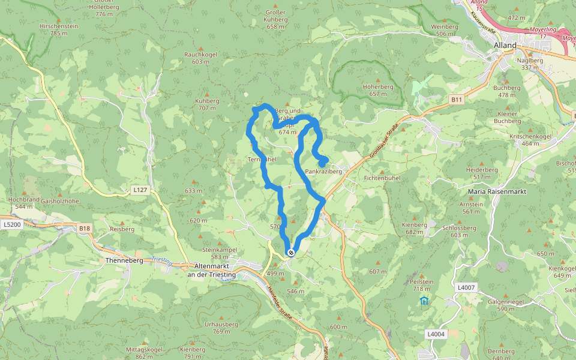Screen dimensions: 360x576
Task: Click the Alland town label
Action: click(505, 45)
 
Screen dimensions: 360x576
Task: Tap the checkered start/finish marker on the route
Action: click(291, 253)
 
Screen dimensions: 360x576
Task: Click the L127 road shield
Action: click(139, 190)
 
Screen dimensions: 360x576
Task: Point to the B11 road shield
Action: click(457, 99)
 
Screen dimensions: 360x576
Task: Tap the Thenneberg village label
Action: click(122, 261)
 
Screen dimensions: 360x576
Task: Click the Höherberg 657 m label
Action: click(378, 90)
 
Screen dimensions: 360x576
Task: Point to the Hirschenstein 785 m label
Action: click(58, 30)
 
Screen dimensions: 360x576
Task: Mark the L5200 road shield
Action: click(11, 224)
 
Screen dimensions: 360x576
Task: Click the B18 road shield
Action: click(84, 228)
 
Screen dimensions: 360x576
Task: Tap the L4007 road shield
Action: click(465, 288)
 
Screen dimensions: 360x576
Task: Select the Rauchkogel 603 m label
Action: click(200, 58)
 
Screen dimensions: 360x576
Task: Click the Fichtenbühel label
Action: click(382, 178)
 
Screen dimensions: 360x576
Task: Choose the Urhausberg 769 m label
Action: click(221, 328)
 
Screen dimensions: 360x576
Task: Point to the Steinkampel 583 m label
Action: click(220, 253)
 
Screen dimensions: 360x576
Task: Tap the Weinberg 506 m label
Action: click(445, 30)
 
